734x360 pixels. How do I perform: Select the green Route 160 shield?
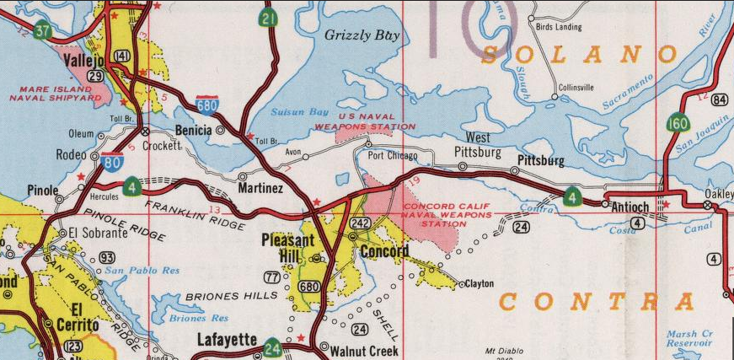(x=677, y=124)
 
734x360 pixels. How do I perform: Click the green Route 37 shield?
(x=41, y=30)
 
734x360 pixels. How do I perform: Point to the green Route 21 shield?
(x=269, y=18)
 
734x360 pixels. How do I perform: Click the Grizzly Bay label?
(x=362, y=35)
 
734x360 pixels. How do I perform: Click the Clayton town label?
(x=480, y=284)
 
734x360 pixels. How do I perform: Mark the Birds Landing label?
(x=559, y=27)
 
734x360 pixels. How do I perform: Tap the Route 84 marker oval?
(x=719, y=100)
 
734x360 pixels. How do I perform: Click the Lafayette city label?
(x=227, y=340)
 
